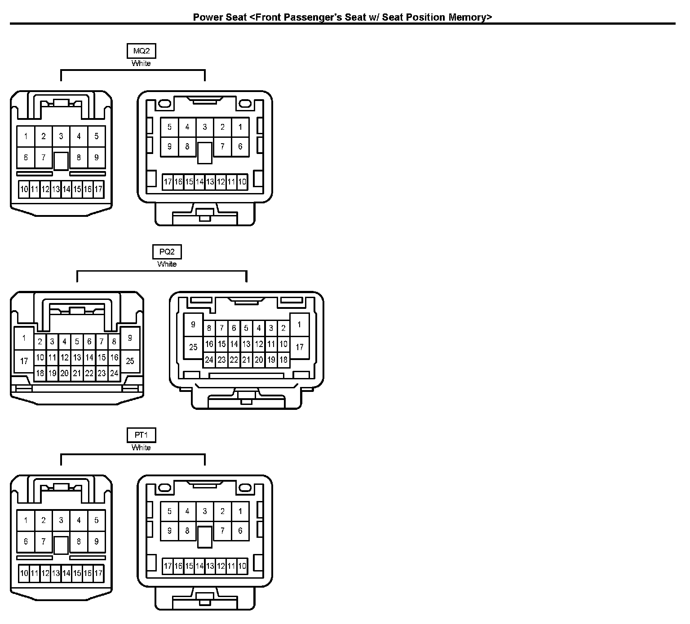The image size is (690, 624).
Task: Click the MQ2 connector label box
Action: [141, 51]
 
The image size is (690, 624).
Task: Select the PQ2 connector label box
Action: [167, 252]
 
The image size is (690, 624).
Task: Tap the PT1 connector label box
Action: [141, 435]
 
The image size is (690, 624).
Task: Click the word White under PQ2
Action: [167, 264]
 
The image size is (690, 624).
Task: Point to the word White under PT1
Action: [141, 448]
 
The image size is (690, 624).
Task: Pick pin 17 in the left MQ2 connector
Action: [98, 189]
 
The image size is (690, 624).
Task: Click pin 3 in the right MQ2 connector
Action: [205, 127]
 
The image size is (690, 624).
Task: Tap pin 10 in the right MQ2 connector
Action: [242, 182]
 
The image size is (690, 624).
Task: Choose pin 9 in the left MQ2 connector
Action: [97, 158]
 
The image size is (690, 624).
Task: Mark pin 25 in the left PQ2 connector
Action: [130, 361]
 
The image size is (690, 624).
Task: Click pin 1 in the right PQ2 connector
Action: [300, 325]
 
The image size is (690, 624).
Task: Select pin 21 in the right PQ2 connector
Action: [246, 360]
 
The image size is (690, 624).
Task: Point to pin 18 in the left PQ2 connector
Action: [40, 373]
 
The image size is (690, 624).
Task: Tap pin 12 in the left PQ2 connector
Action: [65, 358]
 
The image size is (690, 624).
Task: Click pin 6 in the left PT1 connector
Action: [26, 541]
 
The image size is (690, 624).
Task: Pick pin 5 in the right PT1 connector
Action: [169, 511]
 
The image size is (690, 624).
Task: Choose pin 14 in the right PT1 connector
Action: [199, 566]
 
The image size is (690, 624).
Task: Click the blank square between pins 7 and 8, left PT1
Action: [61, 545]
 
